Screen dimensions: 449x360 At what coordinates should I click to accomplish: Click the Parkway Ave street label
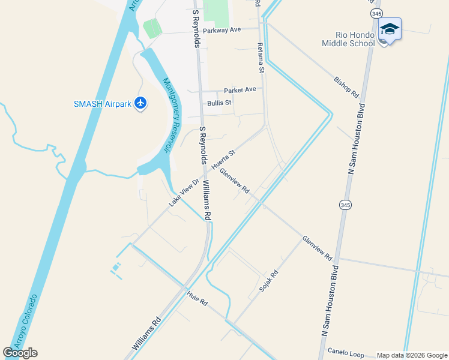tap(221, 30)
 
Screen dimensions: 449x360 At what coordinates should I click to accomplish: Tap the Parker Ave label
tap(240, 90)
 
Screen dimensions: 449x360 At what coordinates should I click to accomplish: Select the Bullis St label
tap(219, 103)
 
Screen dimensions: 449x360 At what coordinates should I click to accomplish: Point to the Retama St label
tap(261, 58)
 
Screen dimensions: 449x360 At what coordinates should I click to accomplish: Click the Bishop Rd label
tap(346, 87)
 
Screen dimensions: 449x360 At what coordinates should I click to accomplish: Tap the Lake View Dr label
tap(184, 192)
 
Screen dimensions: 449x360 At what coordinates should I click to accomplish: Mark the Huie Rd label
tap(197, 298)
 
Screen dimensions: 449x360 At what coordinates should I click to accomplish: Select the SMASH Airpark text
tap(102, 104)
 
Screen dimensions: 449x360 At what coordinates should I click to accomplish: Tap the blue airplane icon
tap(140, 103)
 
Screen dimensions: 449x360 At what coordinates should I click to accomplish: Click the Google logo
tap(20, 352)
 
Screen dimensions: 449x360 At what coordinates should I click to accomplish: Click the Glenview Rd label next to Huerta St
tap(234, 181)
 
